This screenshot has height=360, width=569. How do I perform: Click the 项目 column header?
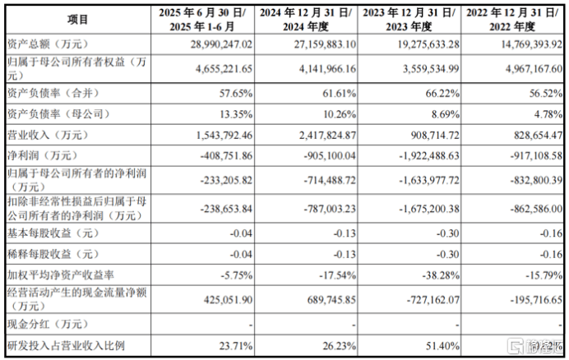coord(78,19)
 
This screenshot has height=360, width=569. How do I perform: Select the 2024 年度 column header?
coord(306,19)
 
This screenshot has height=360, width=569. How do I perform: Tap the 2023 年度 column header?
coord(414,19)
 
